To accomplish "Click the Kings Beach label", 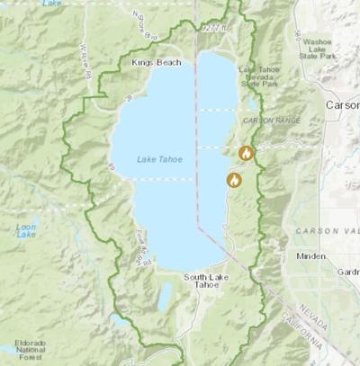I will click(x=156, y=62).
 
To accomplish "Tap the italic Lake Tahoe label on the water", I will click(x=159, y=159).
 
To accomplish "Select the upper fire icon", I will click(x=246, y=154).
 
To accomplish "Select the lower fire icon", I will click(x=234, y=180).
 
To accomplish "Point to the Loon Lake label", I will click(x=26, y=233).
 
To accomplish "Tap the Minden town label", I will click(x=310, y=256).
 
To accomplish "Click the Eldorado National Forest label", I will click(x=27, y=349).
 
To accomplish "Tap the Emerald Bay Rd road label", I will click(x=140, y=247).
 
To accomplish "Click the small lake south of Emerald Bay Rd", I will click(x=164, y=297).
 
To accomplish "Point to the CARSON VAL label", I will click(x=328, y=231).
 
